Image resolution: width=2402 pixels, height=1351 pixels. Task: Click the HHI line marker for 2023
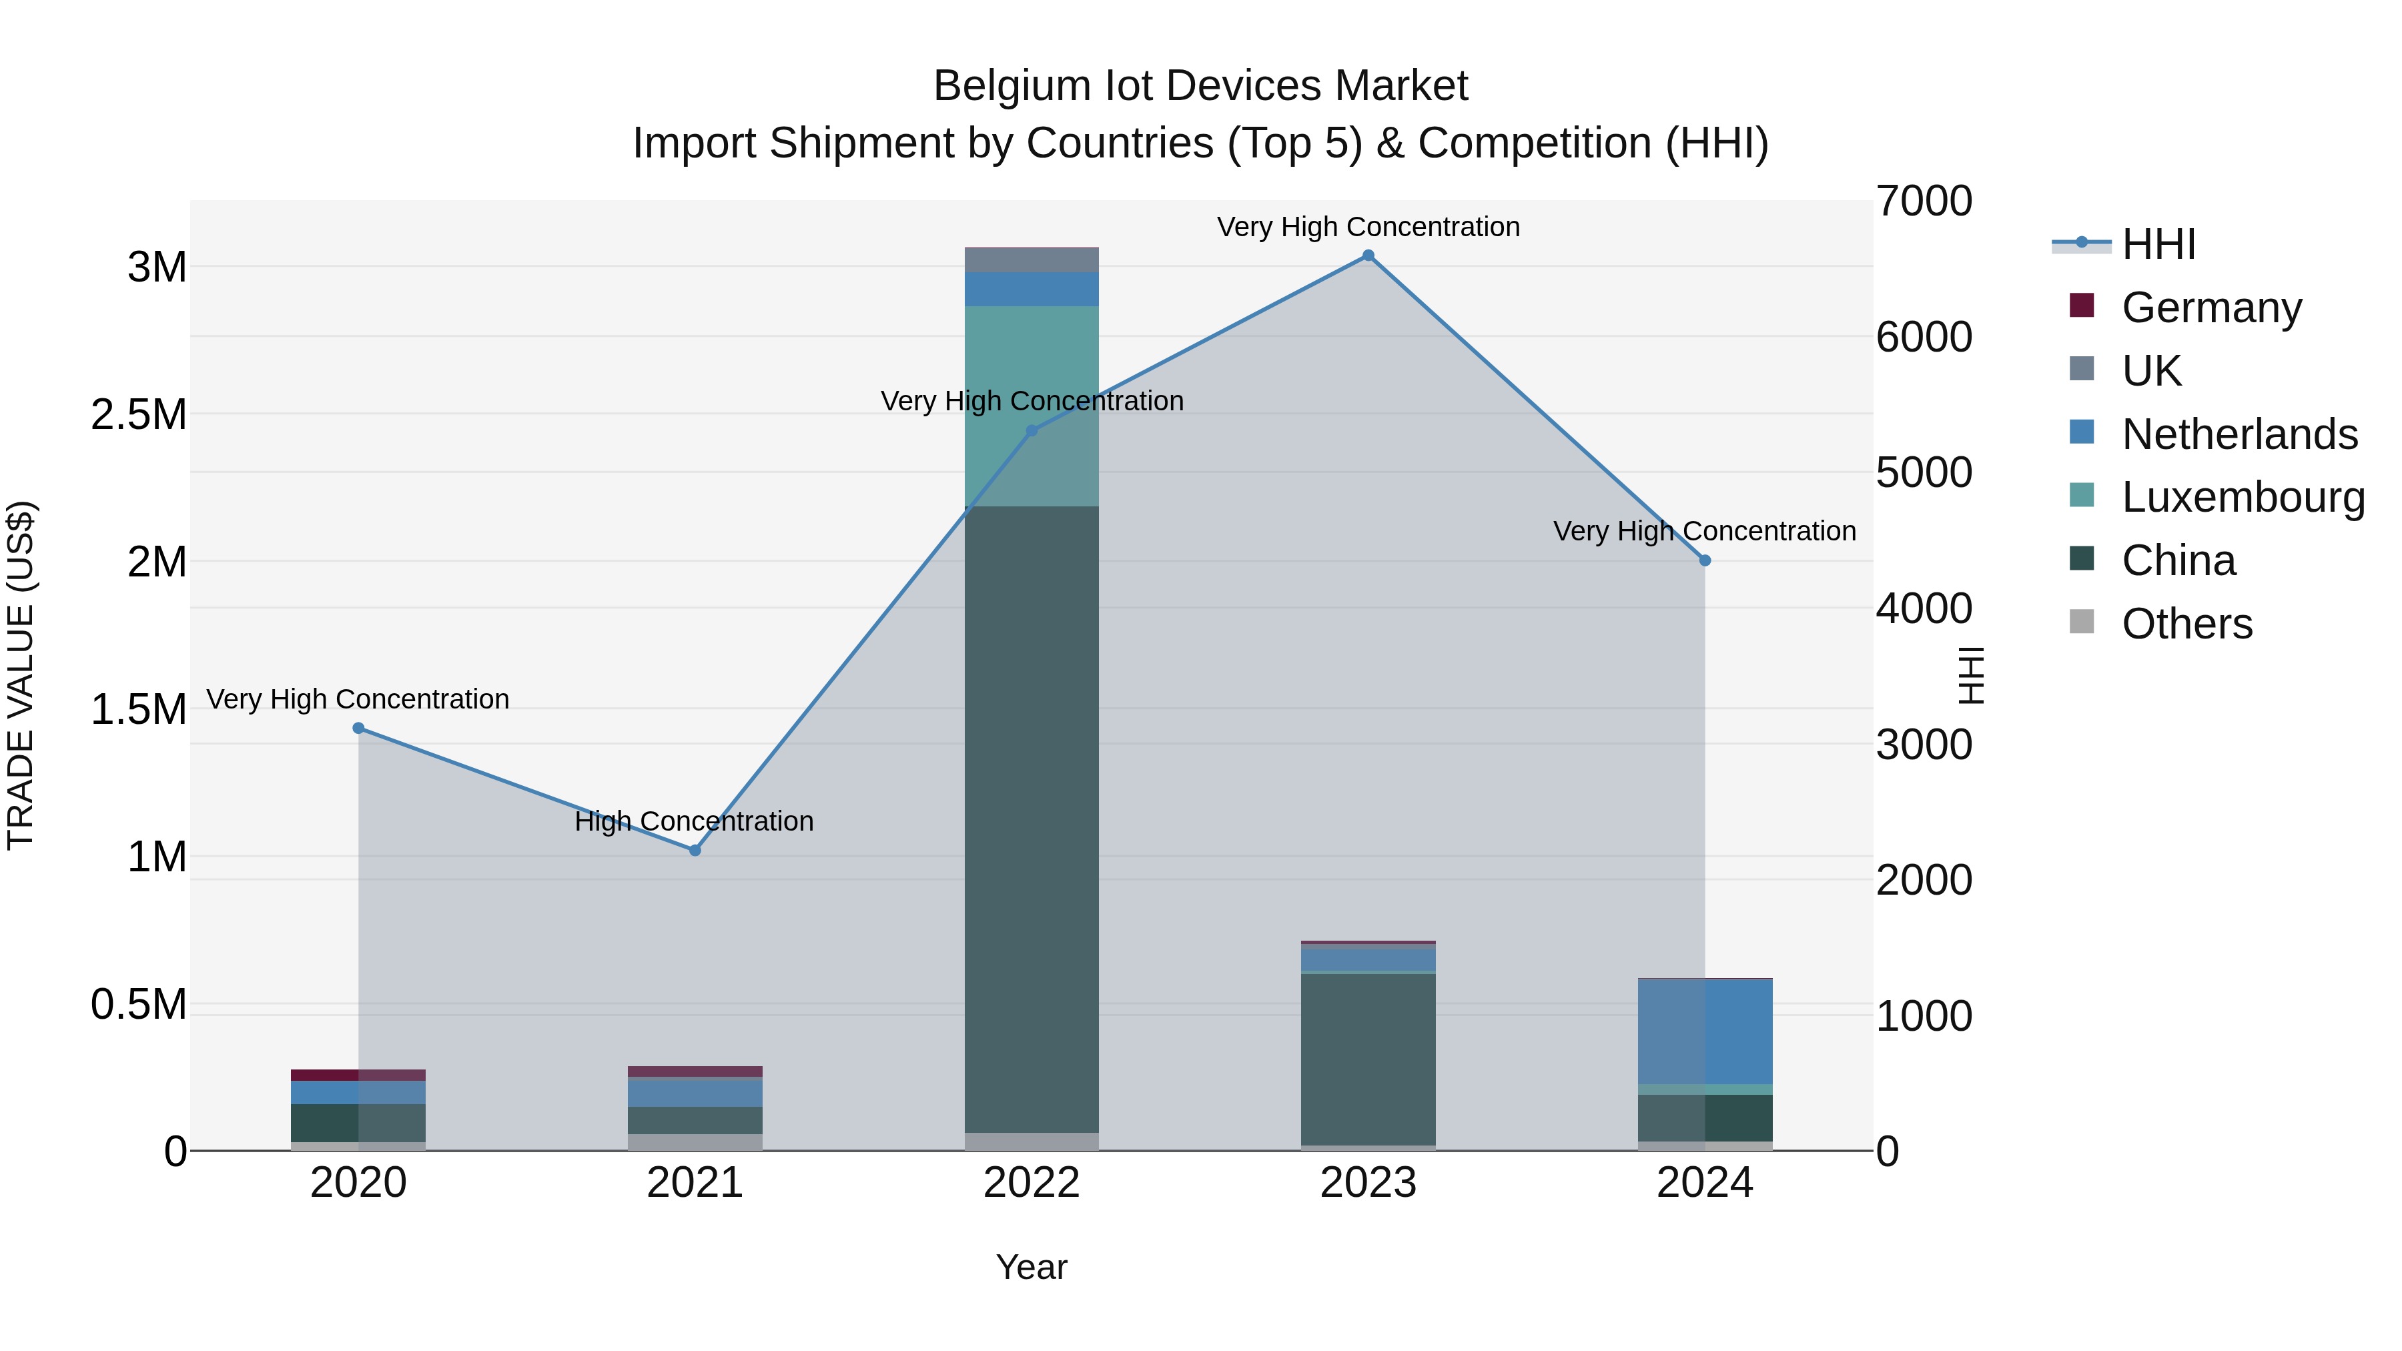coord(1368,256)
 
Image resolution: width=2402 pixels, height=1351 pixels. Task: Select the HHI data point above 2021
coord(695,851)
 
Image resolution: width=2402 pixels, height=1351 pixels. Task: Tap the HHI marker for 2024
coord(1705,560)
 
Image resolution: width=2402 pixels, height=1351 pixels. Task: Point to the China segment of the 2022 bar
coord(1032,821)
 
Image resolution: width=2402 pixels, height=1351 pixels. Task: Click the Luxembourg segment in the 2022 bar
coord(1032,406)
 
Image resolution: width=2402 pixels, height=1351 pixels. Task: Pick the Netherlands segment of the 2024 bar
coord(1705,1031)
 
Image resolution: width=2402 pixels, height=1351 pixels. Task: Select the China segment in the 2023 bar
coord(1368,1059)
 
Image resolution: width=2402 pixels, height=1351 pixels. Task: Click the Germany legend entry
coord(2212,308)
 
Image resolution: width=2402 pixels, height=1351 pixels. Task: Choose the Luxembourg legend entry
coord(2243,497)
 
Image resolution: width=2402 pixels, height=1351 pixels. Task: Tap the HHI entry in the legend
coord(2158,244)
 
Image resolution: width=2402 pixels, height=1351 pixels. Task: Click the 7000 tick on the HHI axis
coord(1924,201)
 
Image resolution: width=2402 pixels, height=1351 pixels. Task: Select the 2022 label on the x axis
coord(1032,1183)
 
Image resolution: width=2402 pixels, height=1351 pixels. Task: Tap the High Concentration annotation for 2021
coord(695,821)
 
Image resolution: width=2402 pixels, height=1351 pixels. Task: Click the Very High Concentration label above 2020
coord(358,699)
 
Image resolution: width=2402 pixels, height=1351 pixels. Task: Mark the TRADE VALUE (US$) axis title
coord(21,675)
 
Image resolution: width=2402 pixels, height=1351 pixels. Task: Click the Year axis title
coord(1032,1267)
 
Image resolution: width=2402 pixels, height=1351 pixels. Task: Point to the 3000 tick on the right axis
coord(1924,745)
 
